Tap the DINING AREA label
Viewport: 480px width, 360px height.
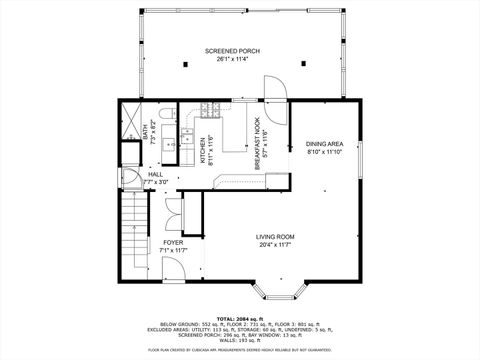pos(323,144)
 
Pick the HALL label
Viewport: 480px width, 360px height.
pos(156,174)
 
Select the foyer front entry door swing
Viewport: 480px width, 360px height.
pos(172,209)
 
